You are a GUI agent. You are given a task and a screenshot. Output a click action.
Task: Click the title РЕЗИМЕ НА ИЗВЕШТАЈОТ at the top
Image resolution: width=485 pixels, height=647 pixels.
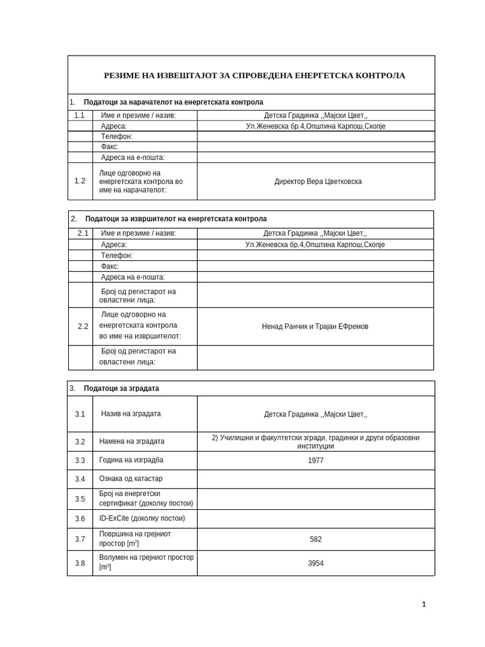click(x=254, y=75)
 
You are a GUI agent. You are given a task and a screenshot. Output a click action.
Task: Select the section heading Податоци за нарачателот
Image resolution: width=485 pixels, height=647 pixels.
click(x=173, y=102)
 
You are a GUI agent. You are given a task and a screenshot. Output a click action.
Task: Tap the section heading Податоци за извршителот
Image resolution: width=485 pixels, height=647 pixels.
click(x=176, y=219)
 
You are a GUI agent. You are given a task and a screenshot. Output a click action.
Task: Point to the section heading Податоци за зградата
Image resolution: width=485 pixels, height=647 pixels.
click(x=121, y=389)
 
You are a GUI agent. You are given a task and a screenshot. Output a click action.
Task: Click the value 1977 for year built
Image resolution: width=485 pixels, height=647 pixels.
click(x=316, y=461)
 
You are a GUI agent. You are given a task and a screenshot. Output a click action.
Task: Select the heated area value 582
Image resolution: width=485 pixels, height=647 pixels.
click(x=316, y=540)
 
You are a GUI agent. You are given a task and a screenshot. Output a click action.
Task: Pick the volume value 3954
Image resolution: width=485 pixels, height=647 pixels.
click(x=316, y=563)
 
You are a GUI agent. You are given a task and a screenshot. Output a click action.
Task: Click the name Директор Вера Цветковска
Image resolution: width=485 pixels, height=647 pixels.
click(x=318, y=181)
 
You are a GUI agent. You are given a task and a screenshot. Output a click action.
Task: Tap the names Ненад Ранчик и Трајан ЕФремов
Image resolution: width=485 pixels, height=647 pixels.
click(x=315, y=327)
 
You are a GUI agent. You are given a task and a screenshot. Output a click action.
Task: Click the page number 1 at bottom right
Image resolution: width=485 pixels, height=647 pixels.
click(x=424, y=605)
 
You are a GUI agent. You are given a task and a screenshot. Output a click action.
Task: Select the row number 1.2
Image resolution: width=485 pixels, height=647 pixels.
click(x=80, y=181)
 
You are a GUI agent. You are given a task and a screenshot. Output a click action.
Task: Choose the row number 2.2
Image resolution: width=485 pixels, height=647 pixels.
click(x=83, y=327)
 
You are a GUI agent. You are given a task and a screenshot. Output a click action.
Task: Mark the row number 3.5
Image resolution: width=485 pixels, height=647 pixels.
click(x=80, y=499)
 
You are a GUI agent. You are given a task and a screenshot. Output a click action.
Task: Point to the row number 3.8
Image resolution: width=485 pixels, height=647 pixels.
click(x=80, y=563)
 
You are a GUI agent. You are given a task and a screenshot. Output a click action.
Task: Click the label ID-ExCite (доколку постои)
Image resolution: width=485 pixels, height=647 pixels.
click(x=141, y=519)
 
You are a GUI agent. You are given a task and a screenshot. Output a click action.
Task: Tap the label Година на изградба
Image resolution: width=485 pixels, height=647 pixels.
click(x=131, y=460)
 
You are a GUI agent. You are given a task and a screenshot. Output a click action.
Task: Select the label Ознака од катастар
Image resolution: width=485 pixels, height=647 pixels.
click(x=130, y=479)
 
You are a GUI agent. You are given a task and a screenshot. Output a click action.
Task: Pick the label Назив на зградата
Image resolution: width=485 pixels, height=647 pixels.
click(x=131, y=414)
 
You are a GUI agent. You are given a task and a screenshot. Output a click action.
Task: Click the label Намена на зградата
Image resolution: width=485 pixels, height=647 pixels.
click(x=131, y=442)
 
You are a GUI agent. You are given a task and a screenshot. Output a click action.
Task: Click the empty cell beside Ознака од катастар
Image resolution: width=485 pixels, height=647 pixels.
click(x=316, y=479)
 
